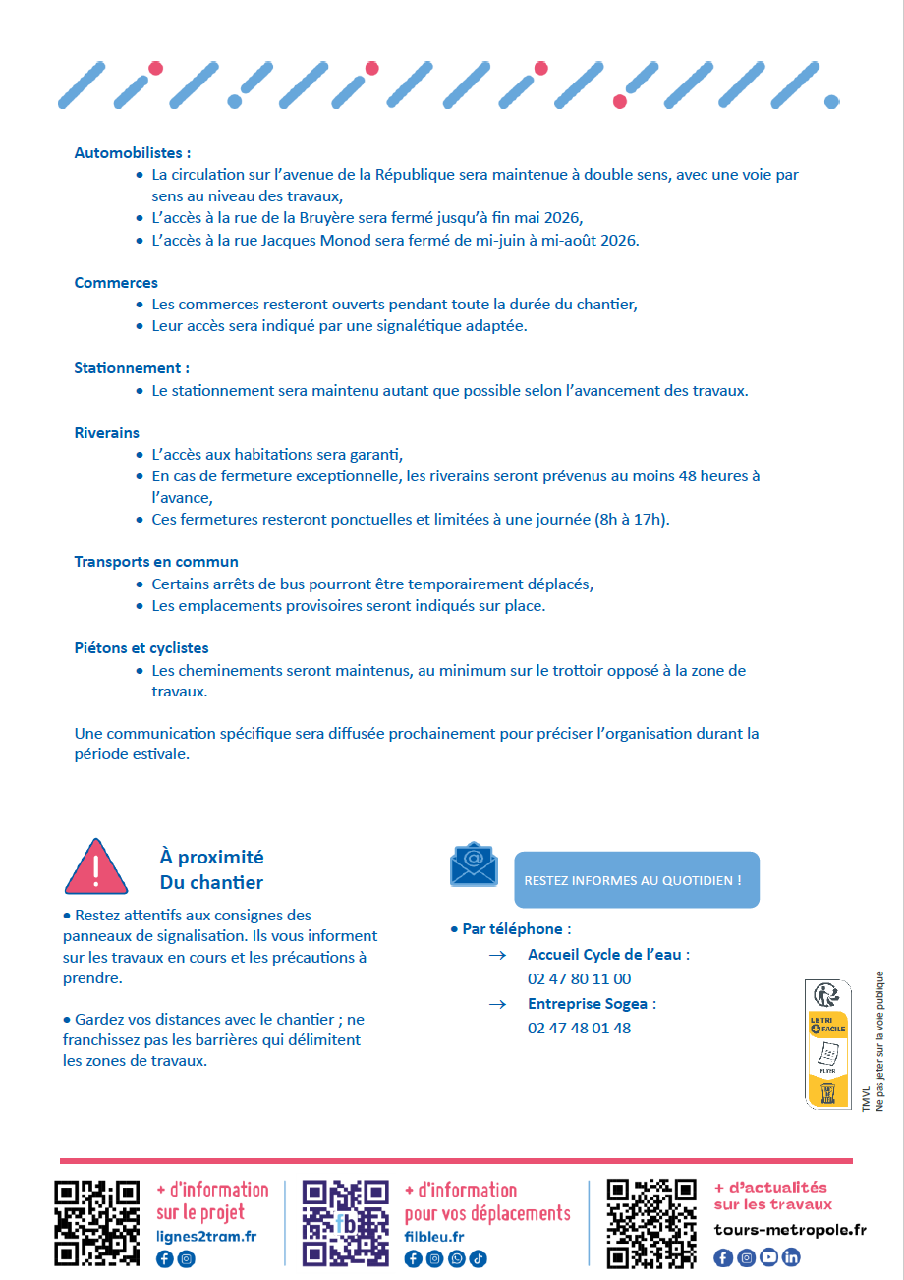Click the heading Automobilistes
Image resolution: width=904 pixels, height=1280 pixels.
point(132,153)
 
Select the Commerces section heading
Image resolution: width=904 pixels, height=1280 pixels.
point(116,283)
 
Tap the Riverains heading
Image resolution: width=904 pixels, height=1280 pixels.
point(106,433)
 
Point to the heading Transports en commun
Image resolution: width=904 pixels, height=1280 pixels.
point(156,562)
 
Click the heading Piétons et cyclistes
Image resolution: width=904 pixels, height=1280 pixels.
point(141,648)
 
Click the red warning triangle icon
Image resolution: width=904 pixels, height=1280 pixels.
point(95,866)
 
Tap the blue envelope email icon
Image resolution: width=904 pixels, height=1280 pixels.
point(474,864)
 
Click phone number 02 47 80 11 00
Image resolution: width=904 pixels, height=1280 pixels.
point(579,979)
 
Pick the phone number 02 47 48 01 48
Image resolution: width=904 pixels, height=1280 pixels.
point(579,1029)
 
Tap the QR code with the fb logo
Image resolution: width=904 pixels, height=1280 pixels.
point(346,1223)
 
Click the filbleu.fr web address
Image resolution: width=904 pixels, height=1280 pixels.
point(433,1238)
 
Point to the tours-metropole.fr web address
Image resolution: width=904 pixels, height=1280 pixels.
point(790,1230)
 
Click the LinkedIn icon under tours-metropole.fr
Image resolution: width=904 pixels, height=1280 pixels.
point(791,1257)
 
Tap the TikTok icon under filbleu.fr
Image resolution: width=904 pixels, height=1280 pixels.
point(479,1259)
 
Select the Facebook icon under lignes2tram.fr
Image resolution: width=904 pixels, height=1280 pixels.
point(164,1259)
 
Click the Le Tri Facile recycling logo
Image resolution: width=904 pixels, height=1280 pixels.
point(827,1043)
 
